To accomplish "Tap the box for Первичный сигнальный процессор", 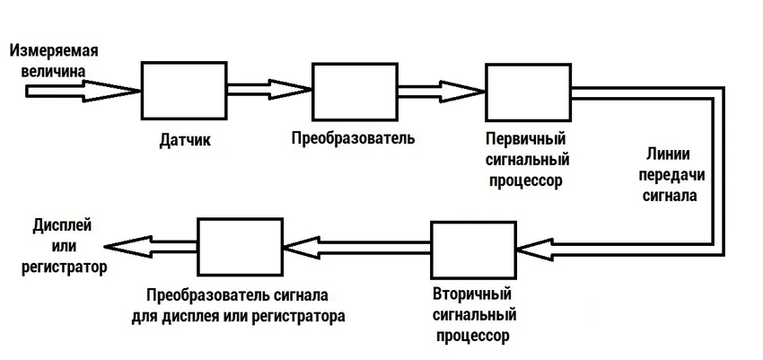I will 526,92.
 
